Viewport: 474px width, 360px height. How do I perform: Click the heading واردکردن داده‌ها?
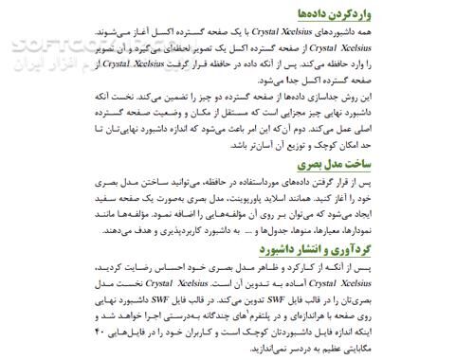(417, 13)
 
